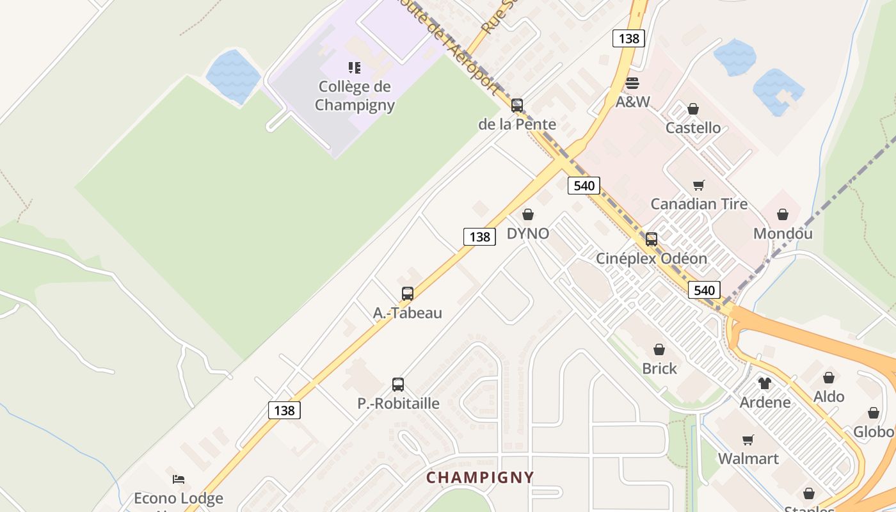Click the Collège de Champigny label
pos(355,95)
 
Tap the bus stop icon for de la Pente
pos(516,106)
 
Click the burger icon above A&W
pos(632,83)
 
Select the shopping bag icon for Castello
pos(692,109)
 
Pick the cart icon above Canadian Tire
pos(698,186)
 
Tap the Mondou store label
pos(783,233)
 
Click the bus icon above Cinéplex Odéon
pos(651,239)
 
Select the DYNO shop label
pos(528,234)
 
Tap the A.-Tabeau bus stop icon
pos(407,294)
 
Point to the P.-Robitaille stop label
pos(398,403)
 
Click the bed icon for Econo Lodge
pos(179,479)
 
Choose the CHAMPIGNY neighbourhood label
pos(480,477)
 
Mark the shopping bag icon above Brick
pos(659,349)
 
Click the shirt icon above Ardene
pos(765,383)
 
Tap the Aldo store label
pos(829,397)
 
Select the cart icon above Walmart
pos(748,440)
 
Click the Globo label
pos(873,432)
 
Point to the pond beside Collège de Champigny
pos(233,76)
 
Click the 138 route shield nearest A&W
pos(628,38)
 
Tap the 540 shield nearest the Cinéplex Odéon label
pos(704,290)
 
